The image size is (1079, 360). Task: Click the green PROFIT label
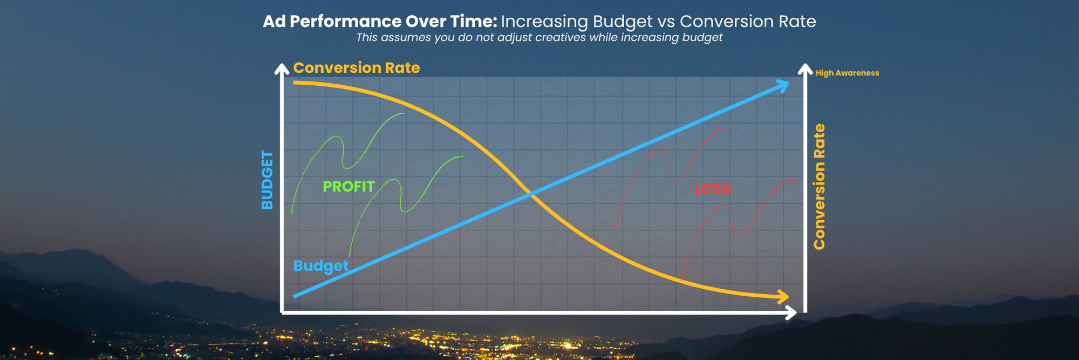click(349, 187)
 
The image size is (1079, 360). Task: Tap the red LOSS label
click(712, 189)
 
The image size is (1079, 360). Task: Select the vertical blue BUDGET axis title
click(267, 180)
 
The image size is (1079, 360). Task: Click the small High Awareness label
click(847, 73)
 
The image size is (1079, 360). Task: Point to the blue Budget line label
click(320, 266)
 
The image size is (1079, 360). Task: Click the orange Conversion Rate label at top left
click(356, 68)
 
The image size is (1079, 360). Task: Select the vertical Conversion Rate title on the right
click(820, 187)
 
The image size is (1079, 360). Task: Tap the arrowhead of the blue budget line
click(784, 84)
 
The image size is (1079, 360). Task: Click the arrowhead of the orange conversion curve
click(783, 296)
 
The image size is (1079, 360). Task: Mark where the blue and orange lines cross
click(530, 194)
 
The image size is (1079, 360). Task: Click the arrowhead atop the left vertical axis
click(282, 69)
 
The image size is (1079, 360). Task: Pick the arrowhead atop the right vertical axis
click(805, 69)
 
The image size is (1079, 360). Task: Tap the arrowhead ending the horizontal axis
click(792, 313)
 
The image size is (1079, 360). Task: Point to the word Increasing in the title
click(544, 22)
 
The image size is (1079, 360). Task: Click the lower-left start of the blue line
click(295, 296)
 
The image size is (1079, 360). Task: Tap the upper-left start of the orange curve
click(295, 83)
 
